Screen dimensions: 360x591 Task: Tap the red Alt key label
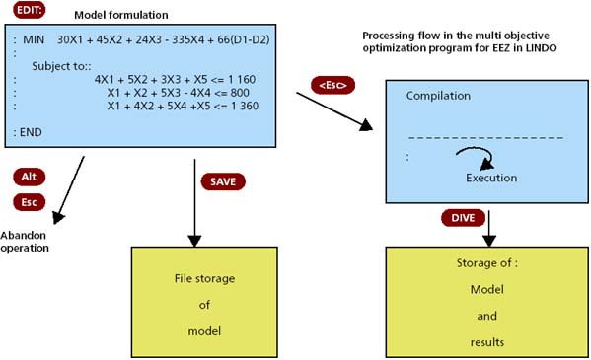pyautogui.click(x=29, y=177)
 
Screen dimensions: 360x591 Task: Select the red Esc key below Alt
pyautogui.click(x=29, y=202)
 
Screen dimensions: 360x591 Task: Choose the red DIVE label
pyautogui.click(x=463, y=216)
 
